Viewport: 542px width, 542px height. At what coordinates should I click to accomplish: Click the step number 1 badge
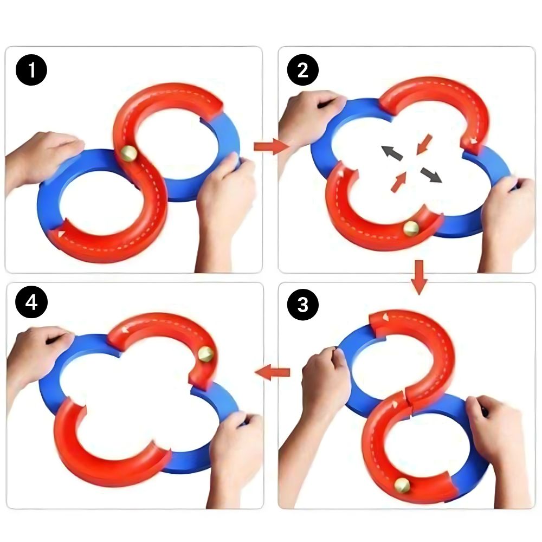[x=32, y=72]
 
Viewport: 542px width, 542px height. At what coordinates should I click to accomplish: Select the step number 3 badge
[x=302, y=305]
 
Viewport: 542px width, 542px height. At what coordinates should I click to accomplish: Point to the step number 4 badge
[x=32, y=304]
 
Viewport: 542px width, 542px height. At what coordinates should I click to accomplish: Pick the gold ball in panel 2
[x=411, y=228]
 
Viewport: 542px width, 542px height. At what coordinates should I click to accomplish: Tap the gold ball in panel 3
[x=402, y=485]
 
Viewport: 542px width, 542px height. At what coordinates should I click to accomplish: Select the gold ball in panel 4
[x=206, y=354]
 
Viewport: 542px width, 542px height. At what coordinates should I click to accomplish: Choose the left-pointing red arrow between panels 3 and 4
[x=273, y=372]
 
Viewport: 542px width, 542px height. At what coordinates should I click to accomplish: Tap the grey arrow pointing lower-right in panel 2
[x=431, y=175]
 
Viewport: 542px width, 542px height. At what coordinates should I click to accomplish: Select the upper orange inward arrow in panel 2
[x=425, y=143]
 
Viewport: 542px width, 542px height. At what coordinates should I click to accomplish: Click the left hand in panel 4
[x=38, y=352]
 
